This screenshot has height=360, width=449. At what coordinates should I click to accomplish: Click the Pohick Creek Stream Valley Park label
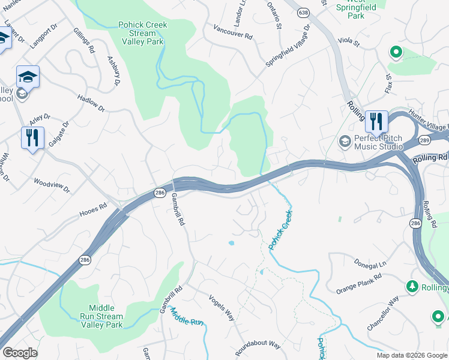tap(143, 34)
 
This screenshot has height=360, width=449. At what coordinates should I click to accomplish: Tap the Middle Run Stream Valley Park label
tap(102, 316)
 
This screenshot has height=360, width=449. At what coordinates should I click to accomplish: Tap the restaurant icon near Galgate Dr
tap(32, 138)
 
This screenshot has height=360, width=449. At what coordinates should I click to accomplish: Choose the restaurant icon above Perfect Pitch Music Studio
tap(376, 122)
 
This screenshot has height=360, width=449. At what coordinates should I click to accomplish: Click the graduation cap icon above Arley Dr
tap(28, 77)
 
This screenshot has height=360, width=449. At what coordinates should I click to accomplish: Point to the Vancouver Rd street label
tap(233, 32)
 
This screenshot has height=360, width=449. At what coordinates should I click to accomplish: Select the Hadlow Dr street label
tap(91, 103)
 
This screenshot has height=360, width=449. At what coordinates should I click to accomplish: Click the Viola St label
tap(348, 43)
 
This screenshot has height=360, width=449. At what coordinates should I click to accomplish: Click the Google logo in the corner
tap(20, 353)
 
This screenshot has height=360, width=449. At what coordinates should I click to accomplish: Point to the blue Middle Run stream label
tap(187, 316)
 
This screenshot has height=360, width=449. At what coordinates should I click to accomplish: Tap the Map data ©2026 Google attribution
tap(411, 355)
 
